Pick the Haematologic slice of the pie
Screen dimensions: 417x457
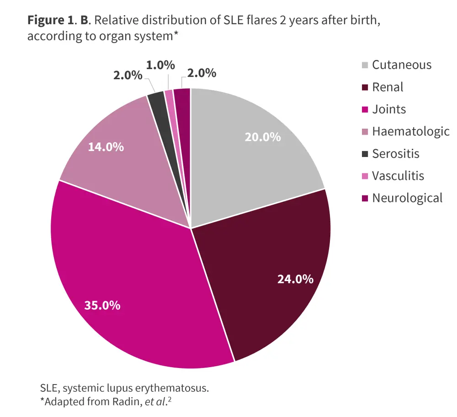[123, 151]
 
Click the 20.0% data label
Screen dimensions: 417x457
[263, 137]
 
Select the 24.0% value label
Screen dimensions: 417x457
[295, 279]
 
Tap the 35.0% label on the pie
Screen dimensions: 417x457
[102, 305]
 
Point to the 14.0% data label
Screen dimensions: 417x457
[106, 147]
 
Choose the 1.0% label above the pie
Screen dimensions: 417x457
[160, 65]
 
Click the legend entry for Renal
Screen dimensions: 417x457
[388, 87]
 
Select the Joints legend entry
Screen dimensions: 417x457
[389, 109]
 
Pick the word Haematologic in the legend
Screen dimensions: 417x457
[410, 131]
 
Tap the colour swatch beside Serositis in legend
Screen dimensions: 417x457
[365, 154]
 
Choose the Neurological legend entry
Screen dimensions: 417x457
[407, 198]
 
